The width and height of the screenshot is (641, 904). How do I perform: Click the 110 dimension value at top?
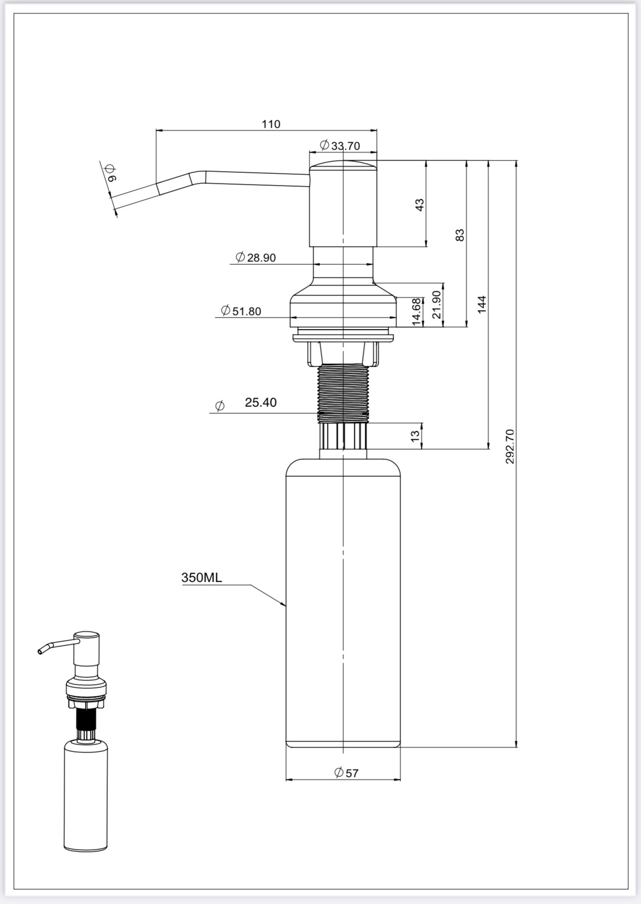[x=271, y=124]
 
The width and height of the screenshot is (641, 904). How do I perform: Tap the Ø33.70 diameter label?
[x=340, y=146]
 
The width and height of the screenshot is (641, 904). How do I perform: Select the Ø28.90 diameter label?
[x=255, y=257]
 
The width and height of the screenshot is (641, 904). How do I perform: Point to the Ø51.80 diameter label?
[x=241, y=311]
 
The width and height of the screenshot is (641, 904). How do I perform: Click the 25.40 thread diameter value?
[x=261, y=402]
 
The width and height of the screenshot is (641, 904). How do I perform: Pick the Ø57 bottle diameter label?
[x=346, y=772]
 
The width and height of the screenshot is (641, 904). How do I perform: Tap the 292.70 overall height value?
[x=510, y=447]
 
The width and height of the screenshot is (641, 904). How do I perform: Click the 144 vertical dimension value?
[x=481, y=304]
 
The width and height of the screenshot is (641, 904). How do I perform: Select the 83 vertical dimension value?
[x=460, y=235]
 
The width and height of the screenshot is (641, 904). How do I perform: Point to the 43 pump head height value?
[x=419, y=205]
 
